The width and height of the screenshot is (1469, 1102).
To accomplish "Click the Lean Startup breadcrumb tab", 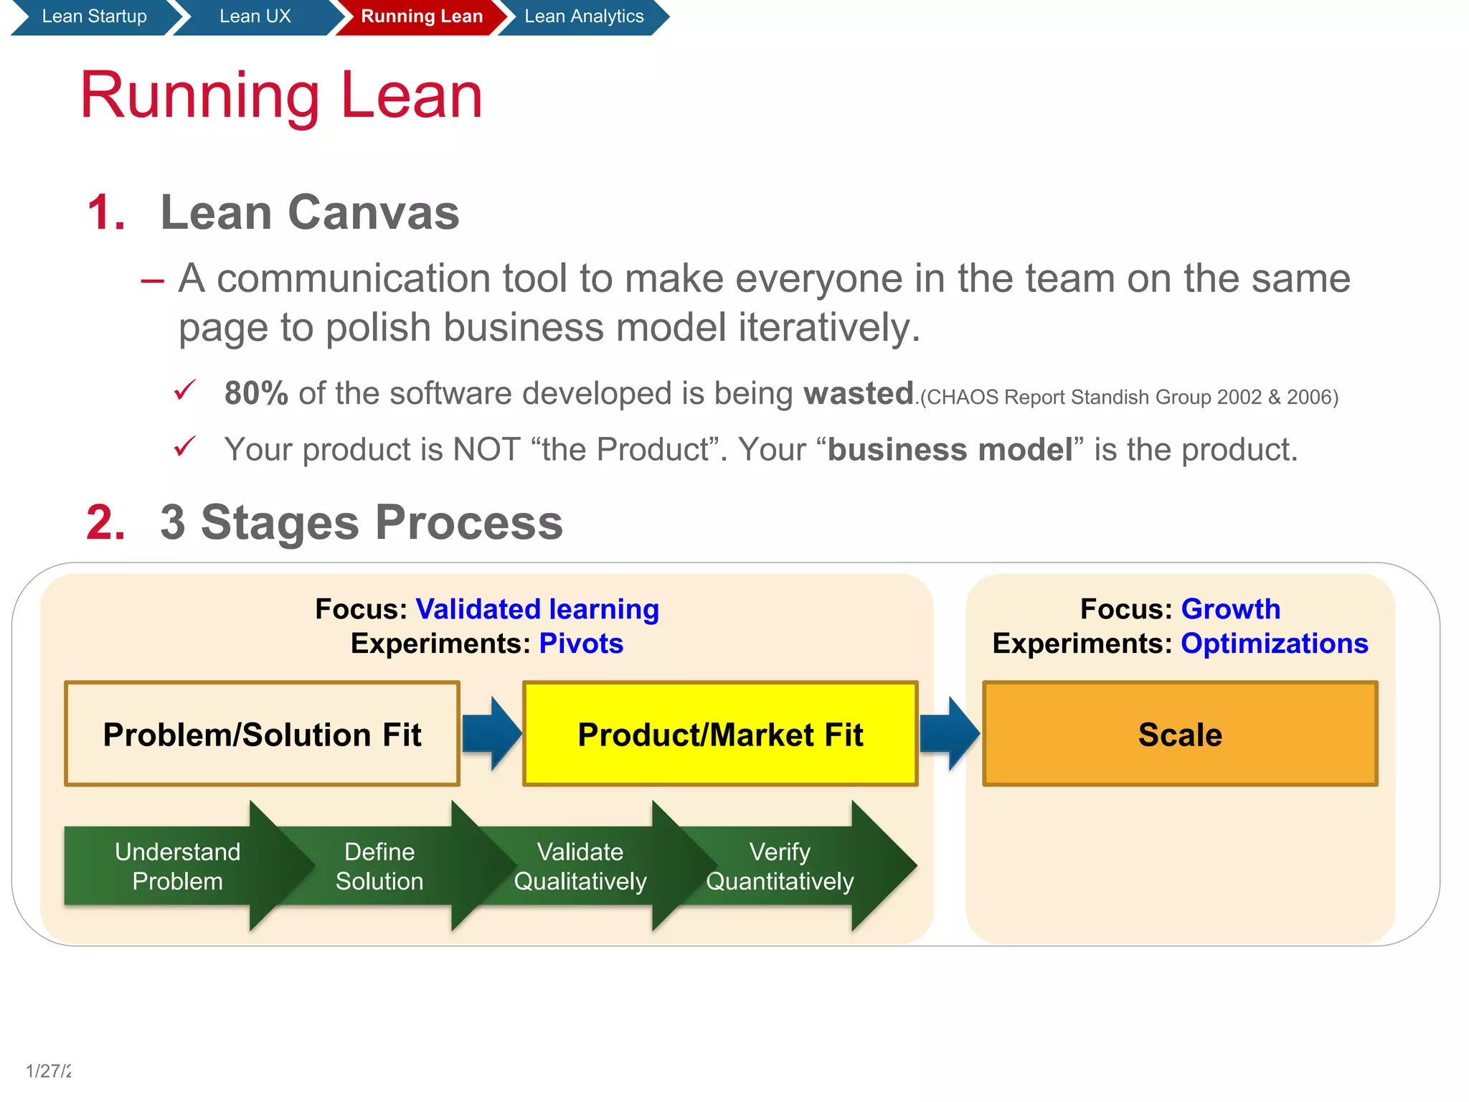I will pyautogui.click(x=93, y=17).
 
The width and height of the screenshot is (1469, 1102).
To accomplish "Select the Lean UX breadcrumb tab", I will pyautogui.click(x=255, y=17).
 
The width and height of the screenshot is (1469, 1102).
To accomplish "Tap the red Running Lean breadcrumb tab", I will pyautogui.click(x=421, y=17).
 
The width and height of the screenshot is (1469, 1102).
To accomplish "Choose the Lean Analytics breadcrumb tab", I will pyautogui.click(x=583, y=17).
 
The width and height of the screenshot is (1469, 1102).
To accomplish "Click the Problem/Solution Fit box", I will pyautogui.click(x=262, y=734).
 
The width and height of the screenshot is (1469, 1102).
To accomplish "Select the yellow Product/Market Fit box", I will pyautogui.click(x=720, y=734).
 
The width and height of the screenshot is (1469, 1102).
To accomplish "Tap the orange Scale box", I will pyautogui.click(x=1180, y=734).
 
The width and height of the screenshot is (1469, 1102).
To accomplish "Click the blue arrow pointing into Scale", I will pyautogui.click(x=949, y=734).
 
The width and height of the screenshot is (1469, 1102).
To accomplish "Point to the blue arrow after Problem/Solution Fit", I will pyautogui.click(x=491, y=734).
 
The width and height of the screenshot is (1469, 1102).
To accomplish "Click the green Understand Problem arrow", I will pyautogui.click(x=178, y=866).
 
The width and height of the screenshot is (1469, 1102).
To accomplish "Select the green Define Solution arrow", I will pyautogui.click(x=379, y=866).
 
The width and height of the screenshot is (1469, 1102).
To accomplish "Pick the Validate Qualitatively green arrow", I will pyautogui.click(x=580, y=866).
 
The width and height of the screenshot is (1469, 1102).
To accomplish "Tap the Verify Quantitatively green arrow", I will pyautogui.click(x=780, y=866).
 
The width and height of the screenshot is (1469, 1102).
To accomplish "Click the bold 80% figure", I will pyautogui.click(x=256, y=393).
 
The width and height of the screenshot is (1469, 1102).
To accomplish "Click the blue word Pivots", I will pyautogui.click(x=581, y=644).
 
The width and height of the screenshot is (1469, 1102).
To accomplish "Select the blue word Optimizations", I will pyautogui.click(x=1274, y=644).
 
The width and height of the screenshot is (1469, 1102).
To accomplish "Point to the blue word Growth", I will pyautogui.click(x=1230, y=609).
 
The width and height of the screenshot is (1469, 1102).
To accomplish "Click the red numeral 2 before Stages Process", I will pyautogui.click(x=105, y=522).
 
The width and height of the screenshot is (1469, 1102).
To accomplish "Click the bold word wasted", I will pyautogui.click(x=858, y=393).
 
